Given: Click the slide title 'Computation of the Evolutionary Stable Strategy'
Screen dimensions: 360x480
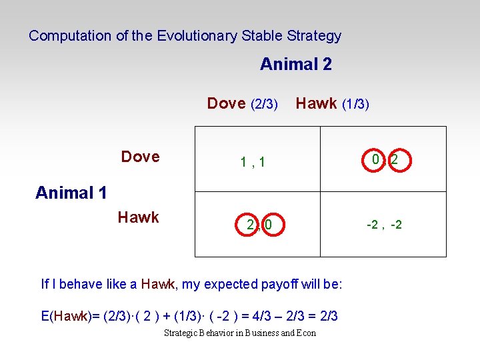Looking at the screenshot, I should coord(185,36).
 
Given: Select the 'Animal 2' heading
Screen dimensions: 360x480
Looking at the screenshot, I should coord(295,65).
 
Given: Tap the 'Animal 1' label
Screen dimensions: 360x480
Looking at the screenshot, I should coord(71,193).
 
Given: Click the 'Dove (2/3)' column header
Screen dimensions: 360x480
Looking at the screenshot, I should coord(242,103).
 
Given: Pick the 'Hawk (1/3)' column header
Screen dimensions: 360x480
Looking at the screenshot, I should coord(332,103).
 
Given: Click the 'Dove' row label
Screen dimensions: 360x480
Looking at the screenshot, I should coord(140,157).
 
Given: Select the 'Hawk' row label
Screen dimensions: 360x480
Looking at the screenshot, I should coord(138,217).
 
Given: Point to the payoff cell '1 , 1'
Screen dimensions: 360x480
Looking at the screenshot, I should coord(253,161).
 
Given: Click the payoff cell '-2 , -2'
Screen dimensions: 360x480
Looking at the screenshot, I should coord(384,225).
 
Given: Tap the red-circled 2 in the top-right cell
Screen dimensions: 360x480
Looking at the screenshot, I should coord(395,160).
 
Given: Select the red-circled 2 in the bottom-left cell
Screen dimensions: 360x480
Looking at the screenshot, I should coord(250,225).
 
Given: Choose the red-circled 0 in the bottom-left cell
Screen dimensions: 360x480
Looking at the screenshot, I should coord(268,225).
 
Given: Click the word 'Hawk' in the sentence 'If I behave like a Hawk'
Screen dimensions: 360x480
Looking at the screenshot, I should coord(157,285).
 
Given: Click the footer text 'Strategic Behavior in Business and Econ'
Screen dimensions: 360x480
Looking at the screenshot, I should coord(240,333).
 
